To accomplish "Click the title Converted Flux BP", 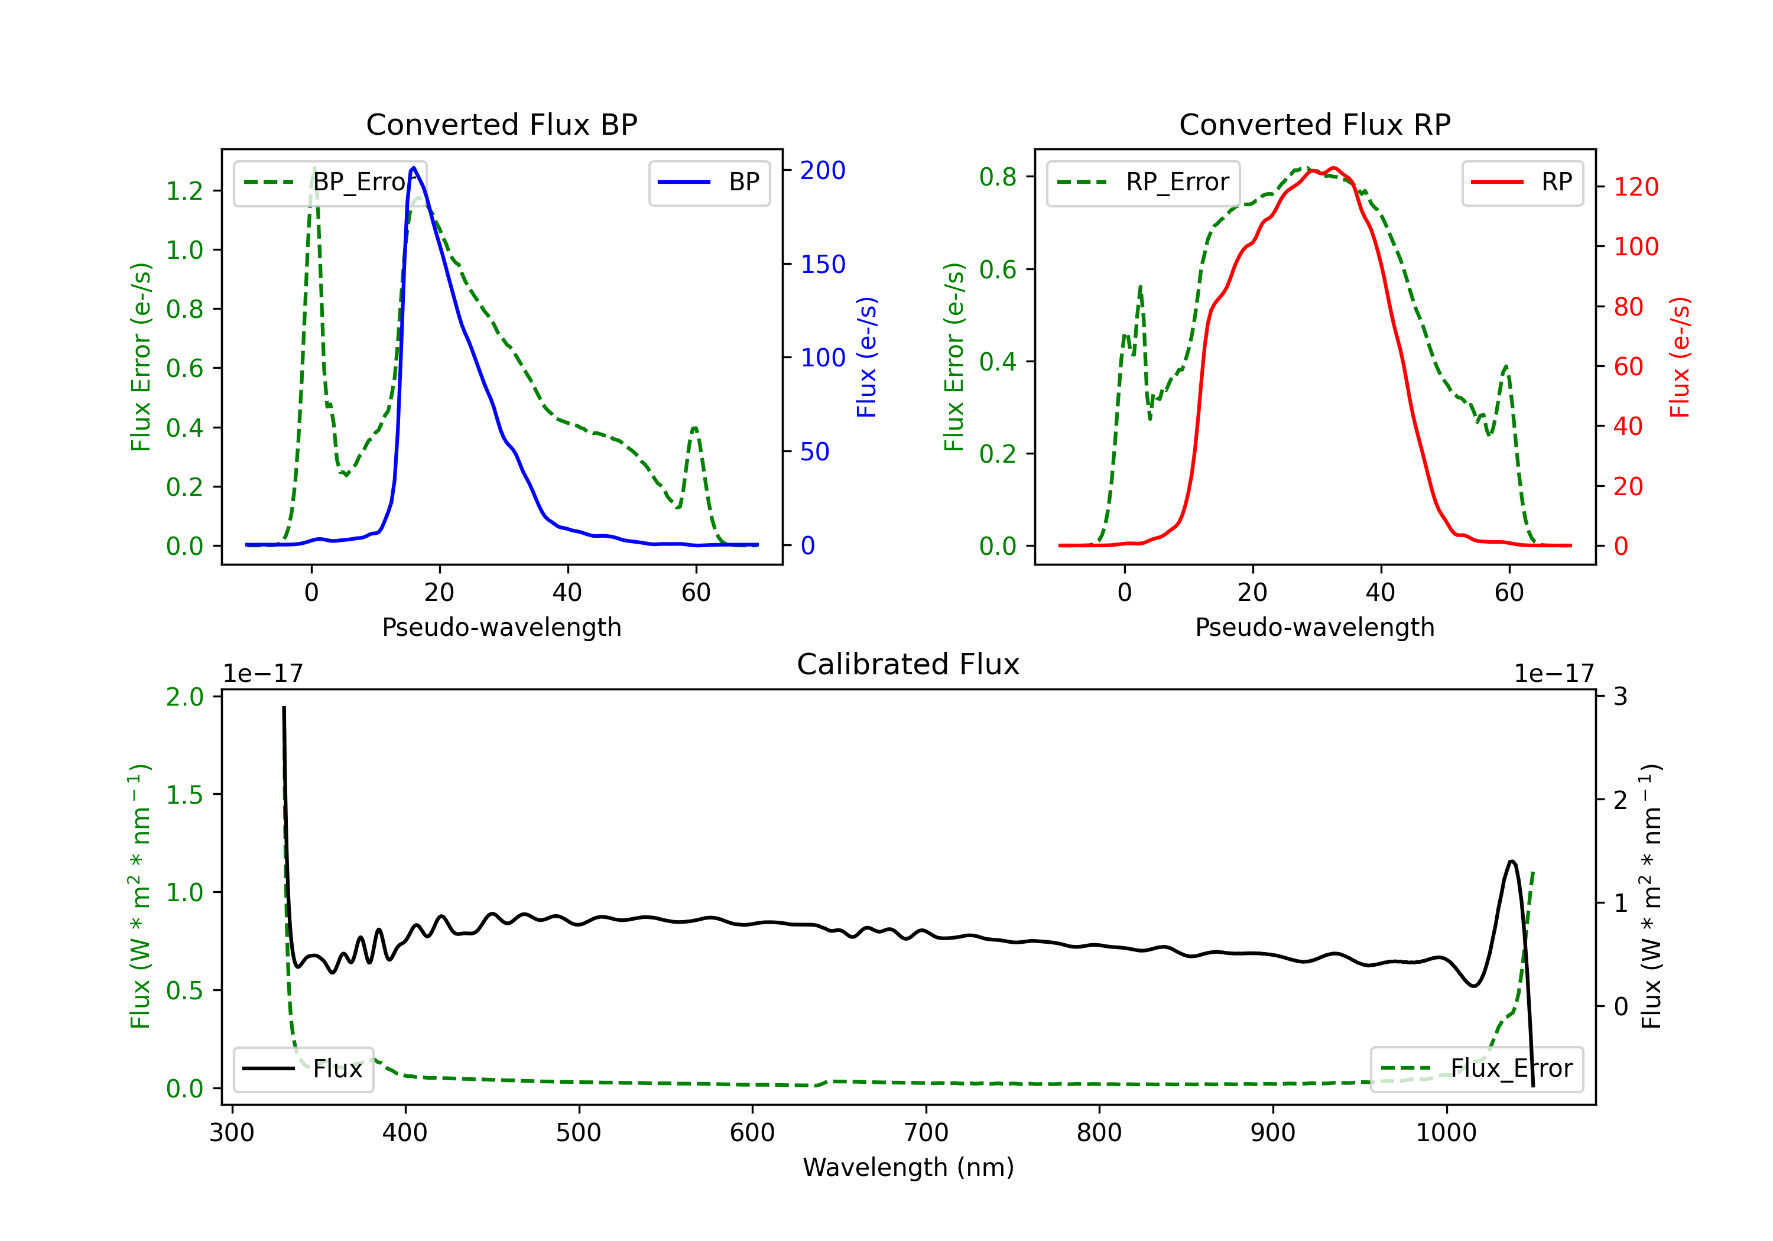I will coord(501,124).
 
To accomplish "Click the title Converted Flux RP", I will coord(1314,124).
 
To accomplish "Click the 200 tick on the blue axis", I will coord(823,171).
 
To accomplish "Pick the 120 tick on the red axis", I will coord(1635,187).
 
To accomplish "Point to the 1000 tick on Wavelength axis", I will coord(1446,1132).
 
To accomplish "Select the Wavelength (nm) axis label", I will coord(908,1167).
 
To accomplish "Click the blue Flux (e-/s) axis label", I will coord(866,357).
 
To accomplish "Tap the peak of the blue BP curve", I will coord(414,168).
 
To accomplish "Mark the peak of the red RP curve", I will coord(1334,168).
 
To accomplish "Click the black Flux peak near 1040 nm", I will coord(1511,861).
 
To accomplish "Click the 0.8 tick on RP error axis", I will coord(998,177).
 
